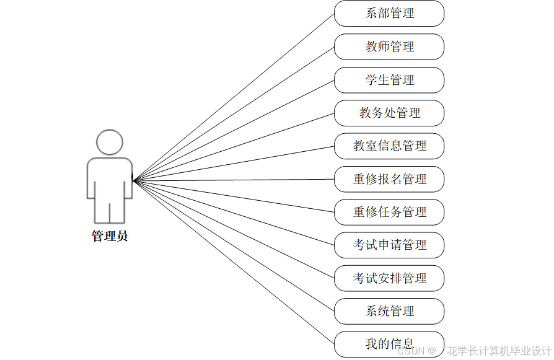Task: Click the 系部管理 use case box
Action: [x=389, y=14]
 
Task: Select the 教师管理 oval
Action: [x=389, y=46]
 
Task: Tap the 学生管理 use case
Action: [x=389, y=80]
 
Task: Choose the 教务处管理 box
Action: [x=389, y=113]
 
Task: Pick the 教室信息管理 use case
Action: [x=389, y=146]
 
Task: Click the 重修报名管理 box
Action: [x=389, y=179]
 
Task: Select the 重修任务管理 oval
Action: [x=389, y=212]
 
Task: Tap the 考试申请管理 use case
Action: [x=389, y=245]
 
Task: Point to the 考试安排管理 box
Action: [x=389, y=278]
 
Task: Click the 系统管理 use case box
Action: [x=389, y=311]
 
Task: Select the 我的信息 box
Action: [x=389, y=344]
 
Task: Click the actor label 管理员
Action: [x=110, y=236]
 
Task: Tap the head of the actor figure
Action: [x=110, y=142]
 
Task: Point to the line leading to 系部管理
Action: [x=234, y=97]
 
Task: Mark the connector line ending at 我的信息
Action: [x=234, y=263]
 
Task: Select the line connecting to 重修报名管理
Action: [x=234, y=180]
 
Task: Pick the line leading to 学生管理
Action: [x=234, y=130]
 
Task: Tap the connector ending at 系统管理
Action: [x=234, y=246]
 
